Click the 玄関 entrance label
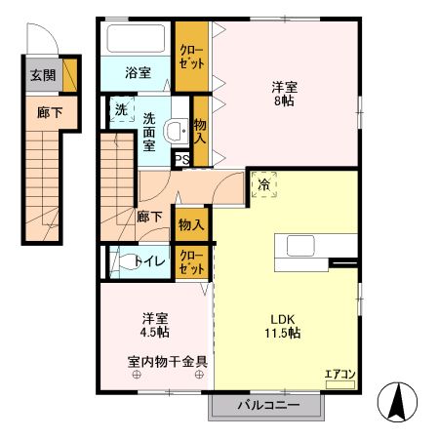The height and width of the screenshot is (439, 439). click(x=42, y=74)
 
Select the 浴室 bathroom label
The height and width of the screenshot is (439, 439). click(x=138, y=72)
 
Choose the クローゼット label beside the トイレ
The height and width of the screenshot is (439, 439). click(x=190, y=260)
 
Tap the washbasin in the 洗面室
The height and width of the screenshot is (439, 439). click(x=176, y=130)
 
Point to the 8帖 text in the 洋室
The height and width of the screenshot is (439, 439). click(x=283, y=100)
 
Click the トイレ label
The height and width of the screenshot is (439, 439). click(x=149, y=260)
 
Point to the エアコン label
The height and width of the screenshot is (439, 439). click(x=339, y=373)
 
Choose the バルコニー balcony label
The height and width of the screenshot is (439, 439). click(x=264, y=404)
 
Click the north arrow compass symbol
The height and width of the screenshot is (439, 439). click(x=398, y=402)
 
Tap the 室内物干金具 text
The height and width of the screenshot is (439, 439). click(x=167, y=359)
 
